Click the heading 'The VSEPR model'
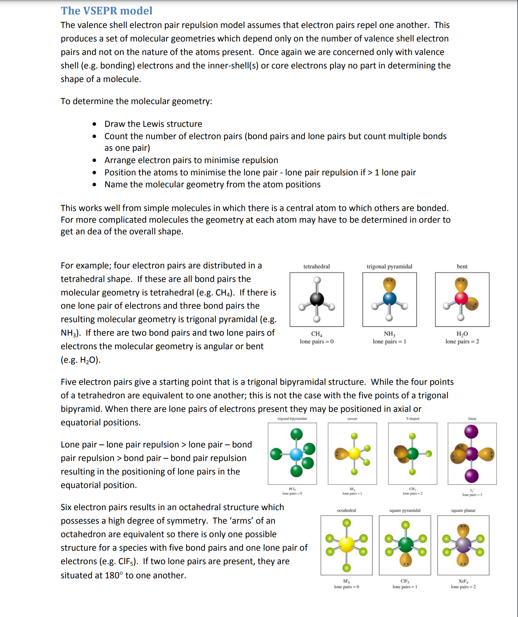[106, 11]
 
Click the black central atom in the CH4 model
[317, 299]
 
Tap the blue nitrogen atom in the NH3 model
[389, 298]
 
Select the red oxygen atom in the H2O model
[461, 298]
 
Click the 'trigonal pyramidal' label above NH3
[389, 266]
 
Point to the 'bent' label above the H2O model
[462, 266]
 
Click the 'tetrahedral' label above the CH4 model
[317, 266]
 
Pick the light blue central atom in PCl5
[296, 454]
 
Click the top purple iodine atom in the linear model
[471, 432]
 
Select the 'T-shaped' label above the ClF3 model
[412, 419]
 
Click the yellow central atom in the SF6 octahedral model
[346, 545]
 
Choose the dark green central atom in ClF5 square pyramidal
[405, 544]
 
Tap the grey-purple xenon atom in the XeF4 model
[463, 545]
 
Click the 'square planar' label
[463, 510]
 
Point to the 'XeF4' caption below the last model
[463, 581]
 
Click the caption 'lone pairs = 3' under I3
[472, 495]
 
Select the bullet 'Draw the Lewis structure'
[153, 124]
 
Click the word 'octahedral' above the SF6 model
[346, 510]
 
